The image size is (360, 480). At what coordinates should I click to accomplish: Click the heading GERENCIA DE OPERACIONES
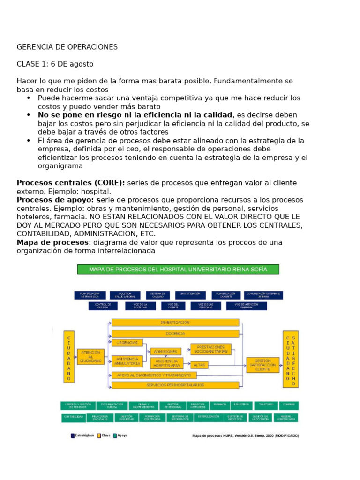coord(67,47)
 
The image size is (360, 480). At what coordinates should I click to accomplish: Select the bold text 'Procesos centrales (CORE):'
coord(71,183)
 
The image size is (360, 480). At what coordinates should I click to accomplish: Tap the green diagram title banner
coord(178,270)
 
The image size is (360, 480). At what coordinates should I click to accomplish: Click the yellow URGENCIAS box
coord(127,343)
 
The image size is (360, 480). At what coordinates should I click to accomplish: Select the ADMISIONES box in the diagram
coord(165,351)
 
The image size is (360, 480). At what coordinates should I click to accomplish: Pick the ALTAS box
coord(199,364)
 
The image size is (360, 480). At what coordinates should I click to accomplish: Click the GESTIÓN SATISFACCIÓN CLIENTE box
coord(266,365)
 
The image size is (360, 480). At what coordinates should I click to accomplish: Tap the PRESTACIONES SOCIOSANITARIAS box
coord(210,349)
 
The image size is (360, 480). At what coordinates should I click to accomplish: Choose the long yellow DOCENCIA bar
coord(175,333)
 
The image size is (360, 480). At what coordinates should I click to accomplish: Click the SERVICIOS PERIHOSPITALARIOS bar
coord(175,385)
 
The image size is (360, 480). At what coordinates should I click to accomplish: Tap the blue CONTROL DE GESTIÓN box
coord(103,306)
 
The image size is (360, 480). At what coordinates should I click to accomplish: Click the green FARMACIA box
coord(220,405)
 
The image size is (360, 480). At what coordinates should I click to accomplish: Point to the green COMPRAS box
coord(289,405)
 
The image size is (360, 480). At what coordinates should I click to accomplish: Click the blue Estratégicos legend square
coord(73,435)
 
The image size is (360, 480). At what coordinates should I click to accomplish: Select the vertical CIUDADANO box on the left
coord(69,358)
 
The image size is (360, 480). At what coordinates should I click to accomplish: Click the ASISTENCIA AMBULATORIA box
coord(127,361)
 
